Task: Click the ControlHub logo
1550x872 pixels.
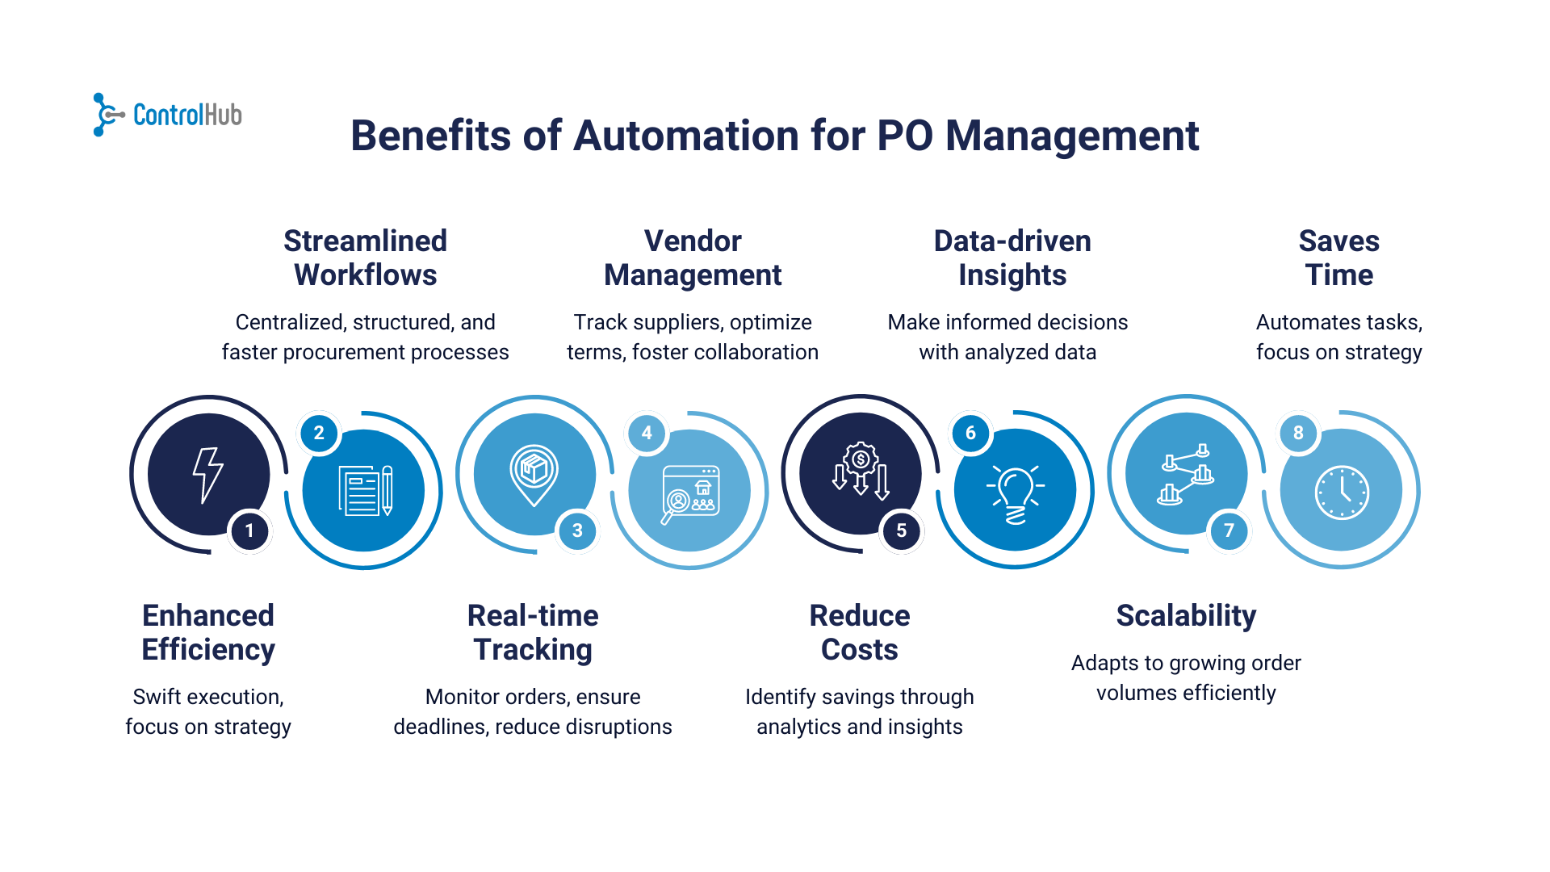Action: (168, 115)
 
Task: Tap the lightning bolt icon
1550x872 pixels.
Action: (208, 475)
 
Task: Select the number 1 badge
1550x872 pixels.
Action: (249, 530)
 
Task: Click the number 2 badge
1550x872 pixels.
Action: (319, 433)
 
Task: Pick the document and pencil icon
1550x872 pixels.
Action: (365, 490)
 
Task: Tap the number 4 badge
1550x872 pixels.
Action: (647, 433)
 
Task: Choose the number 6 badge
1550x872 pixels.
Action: (970, 433)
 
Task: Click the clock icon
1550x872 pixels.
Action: (1342, 492)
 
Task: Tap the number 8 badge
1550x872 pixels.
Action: (1298, 433)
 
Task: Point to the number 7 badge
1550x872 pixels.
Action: (1229, 530)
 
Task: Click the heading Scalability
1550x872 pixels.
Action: (1186, 616)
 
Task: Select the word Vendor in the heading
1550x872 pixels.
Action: (693, 241)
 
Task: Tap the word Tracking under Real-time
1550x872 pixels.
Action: (533, 650)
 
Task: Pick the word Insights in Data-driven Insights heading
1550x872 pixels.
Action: (1012, 275)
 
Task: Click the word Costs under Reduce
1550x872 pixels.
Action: (860, 650)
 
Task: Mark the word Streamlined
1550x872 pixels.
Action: (365, 241)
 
